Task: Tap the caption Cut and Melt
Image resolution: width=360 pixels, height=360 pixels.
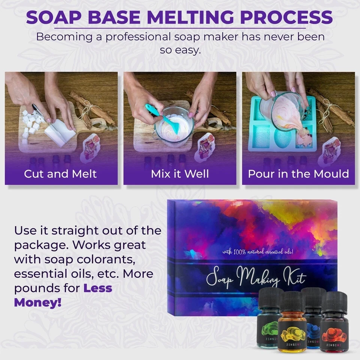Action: click(x=60, y=174)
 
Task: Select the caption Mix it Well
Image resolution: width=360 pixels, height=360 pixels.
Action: click(x=180, y=174)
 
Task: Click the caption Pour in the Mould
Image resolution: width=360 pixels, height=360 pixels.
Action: click(x=298, y=174)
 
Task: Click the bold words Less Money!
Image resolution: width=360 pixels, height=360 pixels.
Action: click(x=64, y=295)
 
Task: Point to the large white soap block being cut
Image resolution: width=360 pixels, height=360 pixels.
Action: click(x=58, y=131)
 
